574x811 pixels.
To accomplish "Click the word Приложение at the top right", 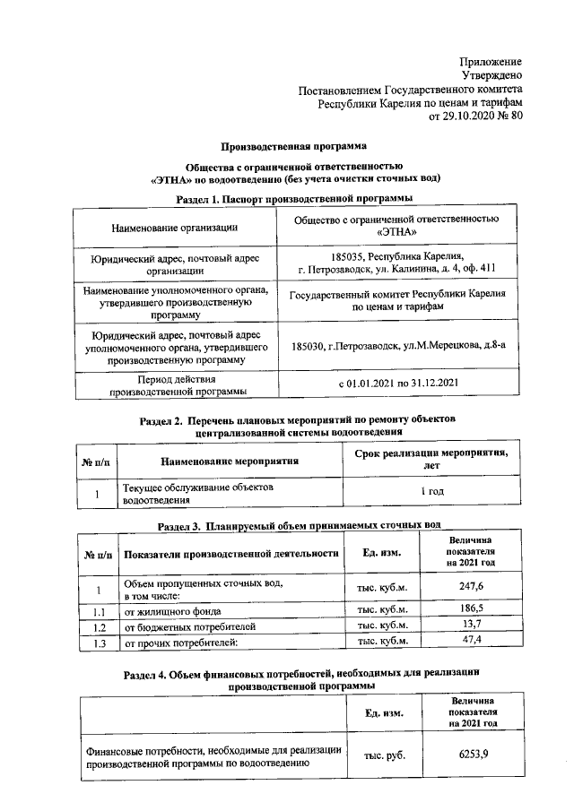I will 491,61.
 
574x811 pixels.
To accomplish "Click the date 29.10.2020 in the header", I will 471,116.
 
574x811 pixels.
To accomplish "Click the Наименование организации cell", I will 174,229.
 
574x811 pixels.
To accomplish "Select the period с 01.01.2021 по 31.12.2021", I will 397,384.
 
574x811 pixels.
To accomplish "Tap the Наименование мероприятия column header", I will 229,461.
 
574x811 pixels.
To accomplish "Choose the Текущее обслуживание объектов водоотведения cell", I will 196,492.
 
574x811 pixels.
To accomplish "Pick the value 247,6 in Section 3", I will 472,585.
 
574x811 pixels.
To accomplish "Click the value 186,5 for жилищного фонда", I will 472,609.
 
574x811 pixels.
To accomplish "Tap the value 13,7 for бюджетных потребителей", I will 472,626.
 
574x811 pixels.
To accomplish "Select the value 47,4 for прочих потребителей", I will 472,641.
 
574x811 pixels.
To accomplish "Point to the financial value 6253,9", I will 473,755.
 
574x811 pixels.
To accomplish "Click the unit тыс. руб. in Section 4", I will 383,755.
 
